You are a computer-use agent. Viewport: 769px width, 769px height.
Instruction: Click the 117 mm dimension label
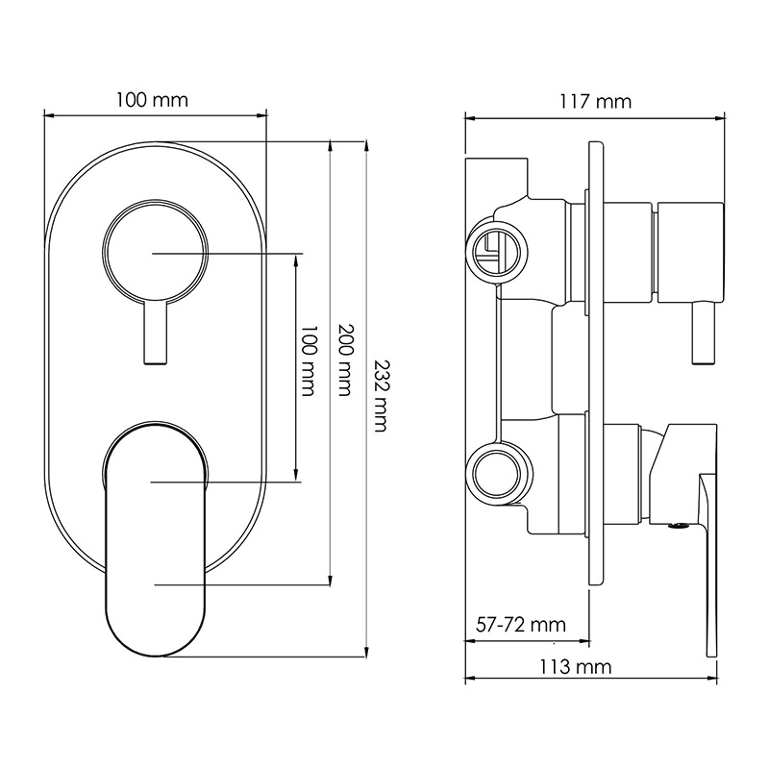click(595, 102)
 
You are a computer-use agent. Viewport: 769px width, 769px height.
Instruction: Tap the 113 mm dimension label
click(576, 667)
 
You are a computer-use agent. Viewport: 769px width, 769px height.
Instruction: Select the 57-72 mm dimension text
click(521, 625)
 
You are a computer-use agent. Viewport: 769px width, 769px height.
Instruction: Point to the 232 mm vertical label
click(381, 396)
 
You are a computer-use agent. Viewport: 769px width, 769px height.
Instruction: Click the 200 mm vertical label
click(345, 360)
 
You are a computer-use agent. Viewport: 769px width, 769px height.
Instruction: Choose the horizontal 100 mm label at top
click(152, 100)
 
